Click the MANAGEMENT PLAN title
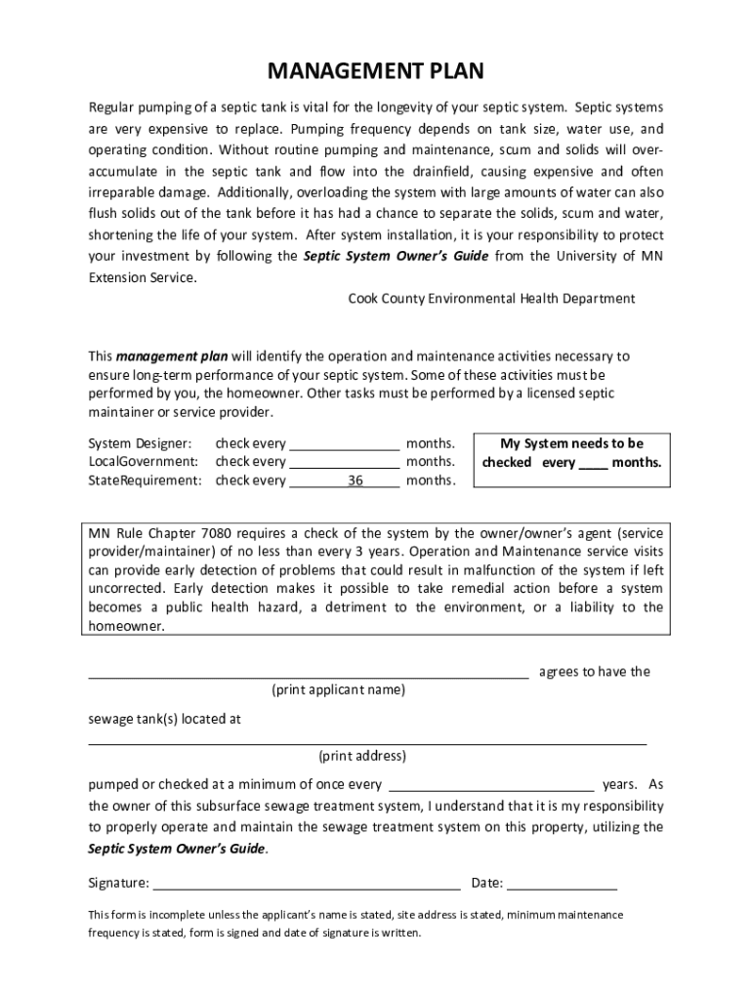pyautogui.click(x=376, y=71)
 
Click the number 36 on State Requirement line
pyautogui.click(x=355, y=480)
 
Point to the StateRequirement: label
pyautogui.click(x=145, y=480)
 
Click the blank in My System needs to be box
pyautogui.click(x=594, y=464)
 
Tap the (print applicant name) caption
pyautogui.click(x=338, y=689)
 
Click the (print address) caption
pyautogui.click(x=361, y=756)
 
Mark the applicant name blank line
pyautogui.click(x=309, y=673)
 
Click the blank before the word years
pyautogui.click(x=491, y=785)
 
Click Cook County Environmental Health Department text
pyautogui.click(x=491, y=298)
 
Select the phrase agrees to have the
pyautogui.click(x=594, y=672)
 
